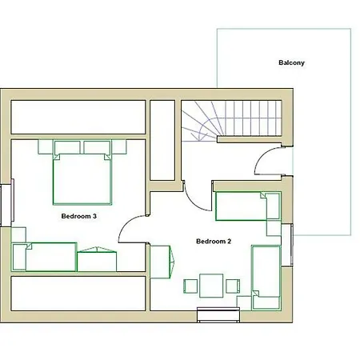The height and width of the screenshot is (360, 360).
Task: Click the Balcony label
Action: (291, 62)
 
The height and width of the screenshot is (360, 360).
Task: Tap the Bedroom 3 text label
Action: (79, 216)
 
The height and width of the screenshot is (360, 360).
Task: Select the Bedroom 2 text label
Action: (214, 242)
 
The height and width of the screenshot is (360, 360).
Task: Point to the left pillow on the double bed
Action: (67, 147)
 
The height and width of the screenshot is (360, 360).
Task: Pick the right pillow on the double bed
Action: (97, 147)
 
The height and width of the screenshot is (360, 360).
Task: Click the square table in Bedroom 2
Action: (211, 286)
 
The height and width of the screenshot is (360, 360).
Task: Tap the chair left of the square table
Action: (190, 286)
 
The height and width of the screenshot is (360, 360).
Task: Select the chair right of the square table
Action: (233, 286)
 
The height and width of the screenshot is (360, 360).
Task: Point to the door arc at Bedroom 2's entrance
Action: (193, 202)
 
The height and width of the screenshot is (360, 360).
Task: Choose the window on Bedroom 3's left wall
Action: (7, 203)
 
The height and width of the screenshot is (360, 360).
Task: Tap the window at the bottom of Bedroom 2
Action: (218, 314)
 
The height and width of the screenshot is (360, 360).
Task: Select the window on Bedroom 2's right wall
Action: (287, 245)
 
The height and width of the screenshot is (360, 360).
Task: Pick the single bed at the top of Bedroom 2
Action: (248, 206)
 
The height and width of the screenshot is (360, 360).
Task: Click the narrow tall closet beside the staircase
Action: (162, 140)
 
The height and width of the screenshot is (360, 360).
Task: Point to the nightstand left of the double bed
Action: (46, 146)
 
